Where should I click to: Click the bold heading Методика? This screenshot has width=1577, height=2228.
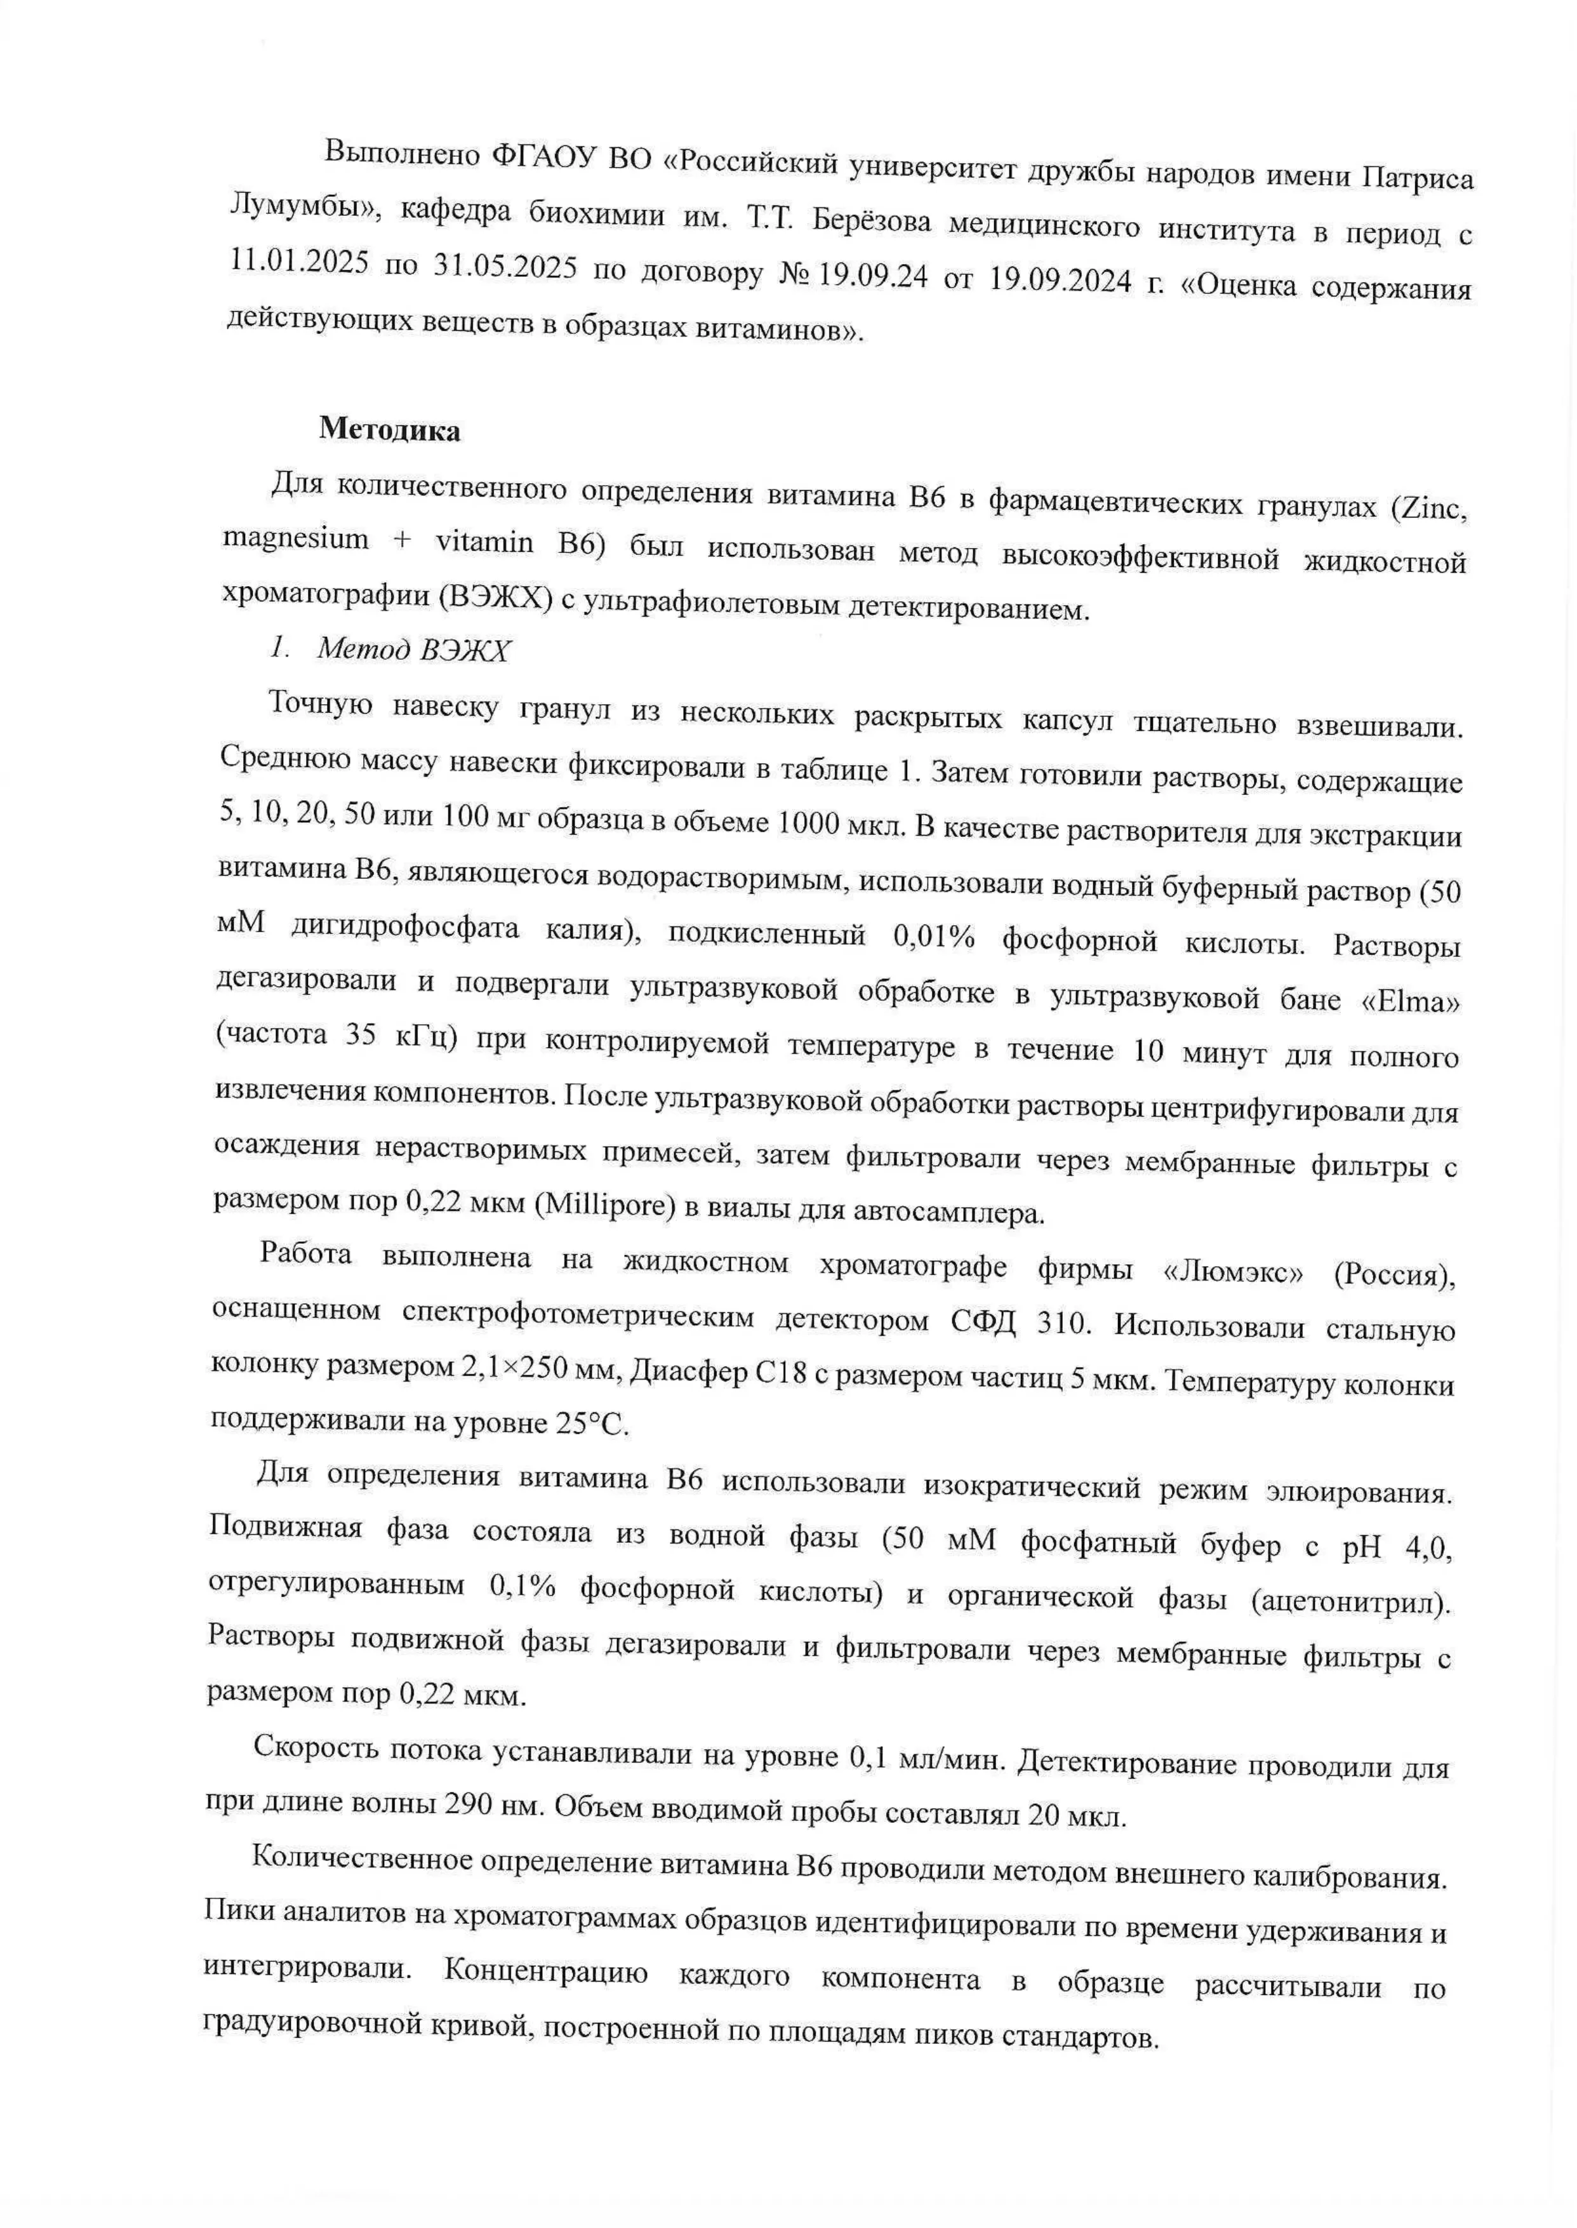point(389,431)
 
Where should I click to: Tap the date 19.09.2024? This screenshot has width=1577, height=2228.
point(1060,281)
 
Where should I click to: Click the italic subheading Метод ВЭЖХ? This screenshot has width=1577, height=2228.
point(413,651)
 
